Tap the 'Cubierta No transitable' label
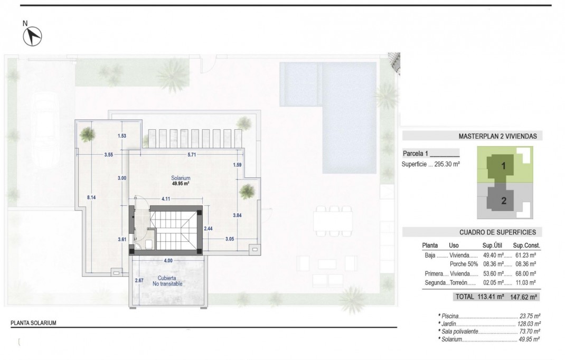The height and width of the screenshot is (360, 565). pyautogui.click(x=168, y=281)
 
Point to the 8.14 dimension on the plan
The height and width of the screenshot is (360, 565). pyautogui.click(x=91, y=197)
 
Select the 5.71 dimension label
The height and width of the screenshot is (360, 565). pyautogui.click(x=192, y=155)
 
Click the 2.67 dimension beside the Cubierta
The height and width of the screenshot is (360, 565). pyautogui.click(x=139, y=280)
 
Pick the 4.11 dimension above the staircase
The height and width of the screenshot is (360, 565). pyautogui.click(x=166, y=199)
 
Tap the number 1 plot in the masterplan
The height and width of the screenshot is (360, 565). pyautogui.click(x=503, y=166)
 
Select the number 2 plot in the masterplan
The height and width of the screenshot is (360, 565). pyautogui.click(x=504, y=200)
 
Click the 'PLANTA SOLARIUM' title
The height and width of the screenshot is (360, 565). pyautogui.click(x=33, y=323)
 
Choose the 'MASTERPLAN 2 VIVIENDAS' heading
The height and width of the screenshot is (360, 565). pyautogui.click(x=497, y=136)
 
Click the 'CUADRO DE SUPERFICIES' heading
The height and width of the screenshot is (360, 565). pyautogui.click(x=497, y=232)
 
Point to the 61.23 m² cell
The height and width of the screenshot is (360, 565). pyautogui.click(x=525, y=255)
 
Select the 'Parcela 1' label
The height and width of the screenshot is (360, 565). pyautogui.click(x=415, y=154)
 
